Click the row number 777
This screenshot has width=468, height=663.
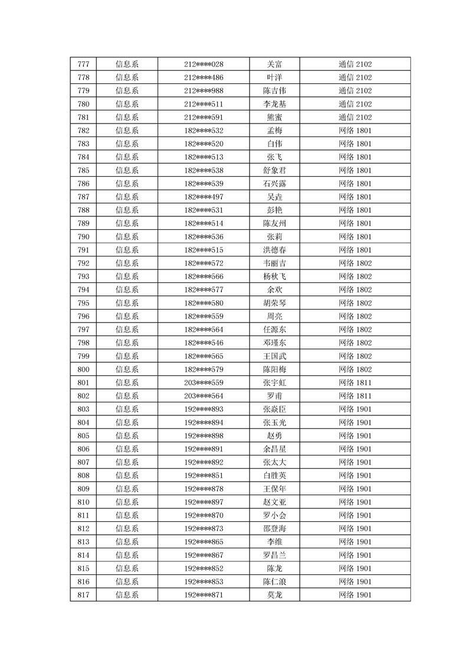(83, 64)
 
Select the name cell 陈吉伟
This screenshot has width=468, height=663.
(274, 91)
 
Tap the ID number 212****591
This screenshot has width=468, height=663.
(204, 118)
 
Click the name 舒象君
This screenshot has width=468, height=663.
(274, 171)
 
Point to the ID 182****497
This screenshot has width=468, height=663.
(204, 197)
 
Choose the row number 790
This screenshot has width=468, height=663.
(83, 237)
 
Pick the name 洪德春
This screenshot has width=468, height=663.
(274, 250)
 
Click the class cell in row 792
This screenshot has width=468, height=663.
(355, 263)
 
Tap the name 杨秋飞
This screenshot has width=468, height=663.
(274, 277)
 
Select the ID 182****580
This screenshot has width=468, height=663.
(204, 303)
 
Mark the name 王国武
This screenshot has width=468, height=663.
(274, 356)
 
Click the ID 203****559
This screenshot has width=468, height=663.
(204, 383)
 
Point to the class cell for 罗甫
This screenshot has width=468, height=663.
(355, 396)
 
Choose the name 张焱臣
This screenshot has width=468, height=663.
(274, 409)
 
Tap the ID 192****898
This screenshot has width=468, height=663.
(204, 435)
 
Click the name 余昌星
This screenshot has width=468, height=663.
(274, 449)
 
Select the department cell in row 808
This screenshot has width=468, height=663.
(127, 476)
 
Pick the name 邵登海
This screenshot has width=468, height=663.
(274, 528)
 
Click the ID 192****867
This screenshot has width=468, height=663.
(204, 555)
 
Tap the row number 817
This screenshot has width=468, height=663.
(83, 594)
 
